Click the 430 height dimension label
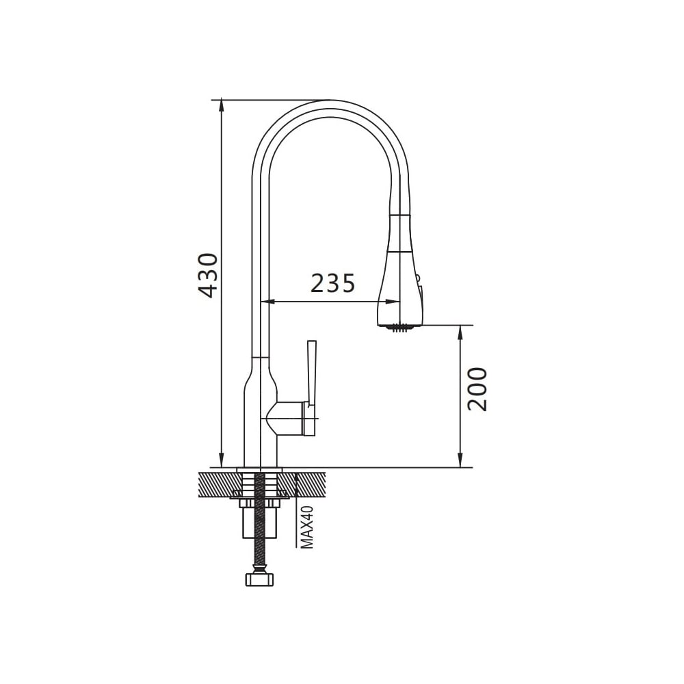coord(208,276)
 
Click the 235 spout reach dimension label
coord(333,283)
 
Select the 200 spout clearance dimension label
coord(477,389)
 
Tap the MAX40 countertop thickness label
coord(308,527)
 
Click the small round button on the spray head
coord(417,278)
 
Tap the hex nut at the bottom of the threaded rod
coord(260,580)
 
